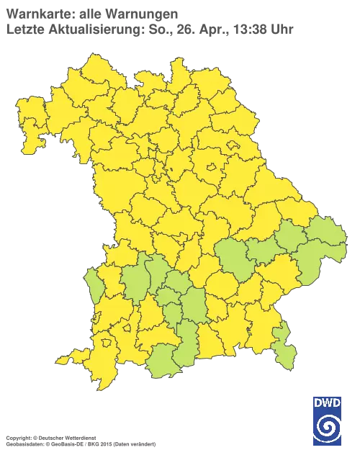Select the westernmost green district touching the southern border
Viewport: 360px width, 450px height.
[163, 363]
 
